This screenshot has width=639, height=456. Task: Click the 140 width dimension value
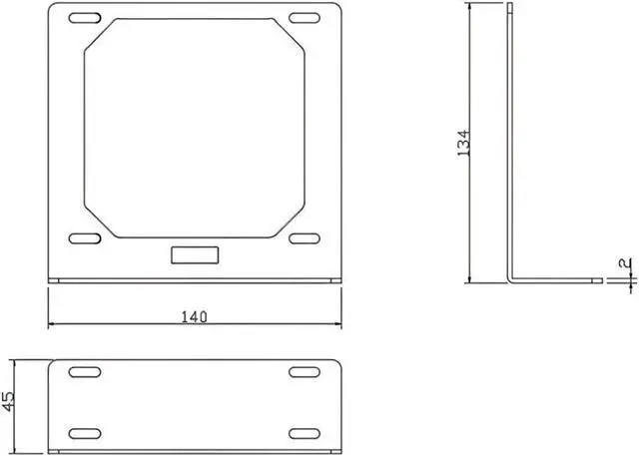(195, 316)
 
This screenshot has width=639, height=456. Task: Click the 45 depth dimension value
(10, 401)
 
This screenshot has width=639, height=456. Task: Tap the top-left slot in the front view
(85, 18)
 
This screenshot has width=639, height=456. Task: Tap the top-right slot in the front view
(304, 18)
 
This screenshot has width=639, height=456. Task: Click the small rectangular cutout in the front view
(194, 253)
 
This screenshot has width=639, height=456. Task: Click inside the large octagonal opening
(194, 130)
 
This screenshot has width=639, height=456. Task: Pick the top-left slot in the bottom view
(85, 372)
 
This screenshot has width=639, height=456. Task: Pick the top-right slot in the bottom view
(304, 372)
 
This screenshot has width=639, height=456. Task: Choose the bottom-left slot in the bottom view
(85, 432)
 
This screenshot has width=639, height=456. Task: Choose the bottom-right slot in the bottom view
(304, 432)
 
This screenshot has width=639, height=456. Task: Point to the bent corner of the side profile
(511, 280)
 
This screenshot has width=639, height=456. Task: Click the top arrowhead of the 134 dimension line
(469, 9)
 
